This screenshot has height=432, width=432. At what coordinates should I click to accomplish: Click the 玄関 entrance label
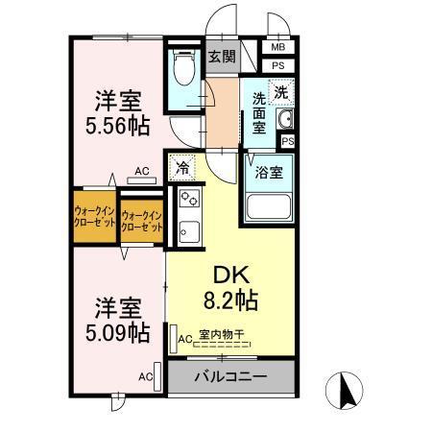pyautogui.click(x=223, y=57)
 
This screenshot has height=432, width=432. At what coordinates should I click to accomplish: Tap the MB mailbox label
pyautogui.click(x=277, y=47)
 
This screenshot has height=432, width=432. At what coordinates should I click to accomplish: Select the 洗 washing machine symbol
pyautogui.click(x=282, y=93)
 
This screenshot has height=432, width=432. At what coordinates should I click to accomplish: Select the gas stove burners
pyautogui.click(x=188, y=203)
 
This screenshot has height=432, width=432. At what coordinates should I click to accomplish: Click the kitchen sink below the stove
pyautogui.click(x=188, y=231)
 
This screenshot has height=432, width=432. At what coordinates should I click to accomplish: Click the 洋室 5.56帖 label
pyautogui.click(x=119, y=113)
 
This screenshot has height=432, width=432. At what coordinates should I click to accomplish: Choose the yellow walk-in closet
pyautogui.click(x=95, y=216)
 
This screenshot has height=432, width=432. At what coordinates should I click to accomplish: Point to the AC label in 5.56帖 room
pyautogui.click(x=142, y=172)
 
